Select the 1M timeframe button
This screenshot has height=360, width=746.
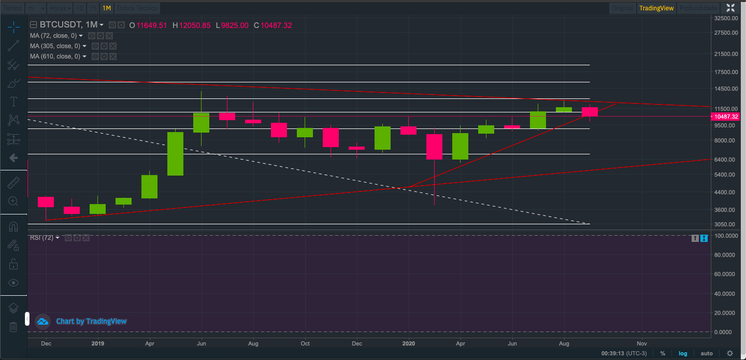pos(106,8)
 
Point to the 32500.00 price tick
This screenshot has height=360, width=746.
pos(725,18)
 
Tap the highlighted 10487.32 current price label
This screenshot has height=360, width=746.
pos(726,117)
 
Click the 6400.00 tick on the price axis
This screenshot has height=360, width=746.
pos(725,160)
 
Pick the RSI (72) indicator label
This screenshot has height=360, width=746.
pos(41,238)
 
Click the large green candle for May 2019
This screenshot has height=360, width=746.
pos(175,153)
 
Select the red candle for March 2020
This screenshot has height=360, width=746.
pos(434,147)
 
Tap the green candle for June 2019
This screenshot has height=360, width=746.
pos(201,122)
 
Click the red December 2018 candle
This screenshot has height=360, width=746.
pos(46,201)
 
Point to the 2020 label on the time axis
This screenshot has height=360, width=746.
pos(409,343)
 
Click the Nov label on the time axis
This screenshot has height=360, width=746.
pos(641,343)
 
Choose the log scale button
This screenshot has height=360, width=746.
pos(683,353)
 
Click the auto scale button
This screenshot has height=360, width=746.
pos(706,353)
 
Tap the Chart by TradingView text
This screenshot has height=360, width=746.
pos(91,321)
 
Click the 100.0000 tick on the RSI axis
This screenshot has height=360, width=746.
pos(725,236)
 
